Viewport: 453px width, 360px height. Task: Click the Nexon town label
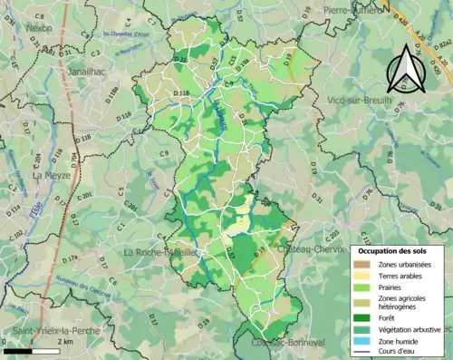[x=40, y=28]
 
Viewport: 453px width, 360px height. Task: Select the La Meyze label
[x=51, y=177]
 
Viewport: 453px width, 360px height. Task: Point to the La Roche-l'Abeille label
[x=159, y=251]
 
